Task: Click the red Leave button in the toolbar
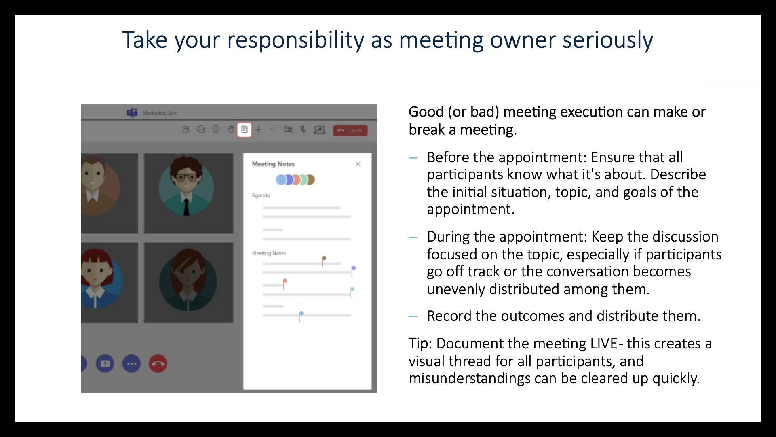point(350,130)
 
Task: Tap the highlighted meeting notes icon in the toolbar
point(244,129)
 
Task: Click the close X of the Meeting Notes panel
point(358,164)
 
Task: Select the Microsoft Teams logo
point(132,112)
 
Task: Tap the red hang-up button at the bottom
point(158,363)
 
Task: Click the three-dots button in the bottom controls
point(131,363)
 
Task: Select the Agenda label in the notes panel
point(261,195)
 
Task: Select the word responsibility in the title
point(295,40)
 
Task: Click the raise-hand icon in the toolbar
point(230,129)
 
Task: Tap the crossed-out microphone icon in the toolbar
point(303,129)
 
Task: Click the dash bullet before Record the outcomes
point(413,316)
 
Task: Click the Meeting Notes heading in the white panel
point(273,164)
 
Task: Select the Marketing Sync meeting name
point(160,113)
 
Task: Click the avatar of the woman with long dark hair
point(188,280)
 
